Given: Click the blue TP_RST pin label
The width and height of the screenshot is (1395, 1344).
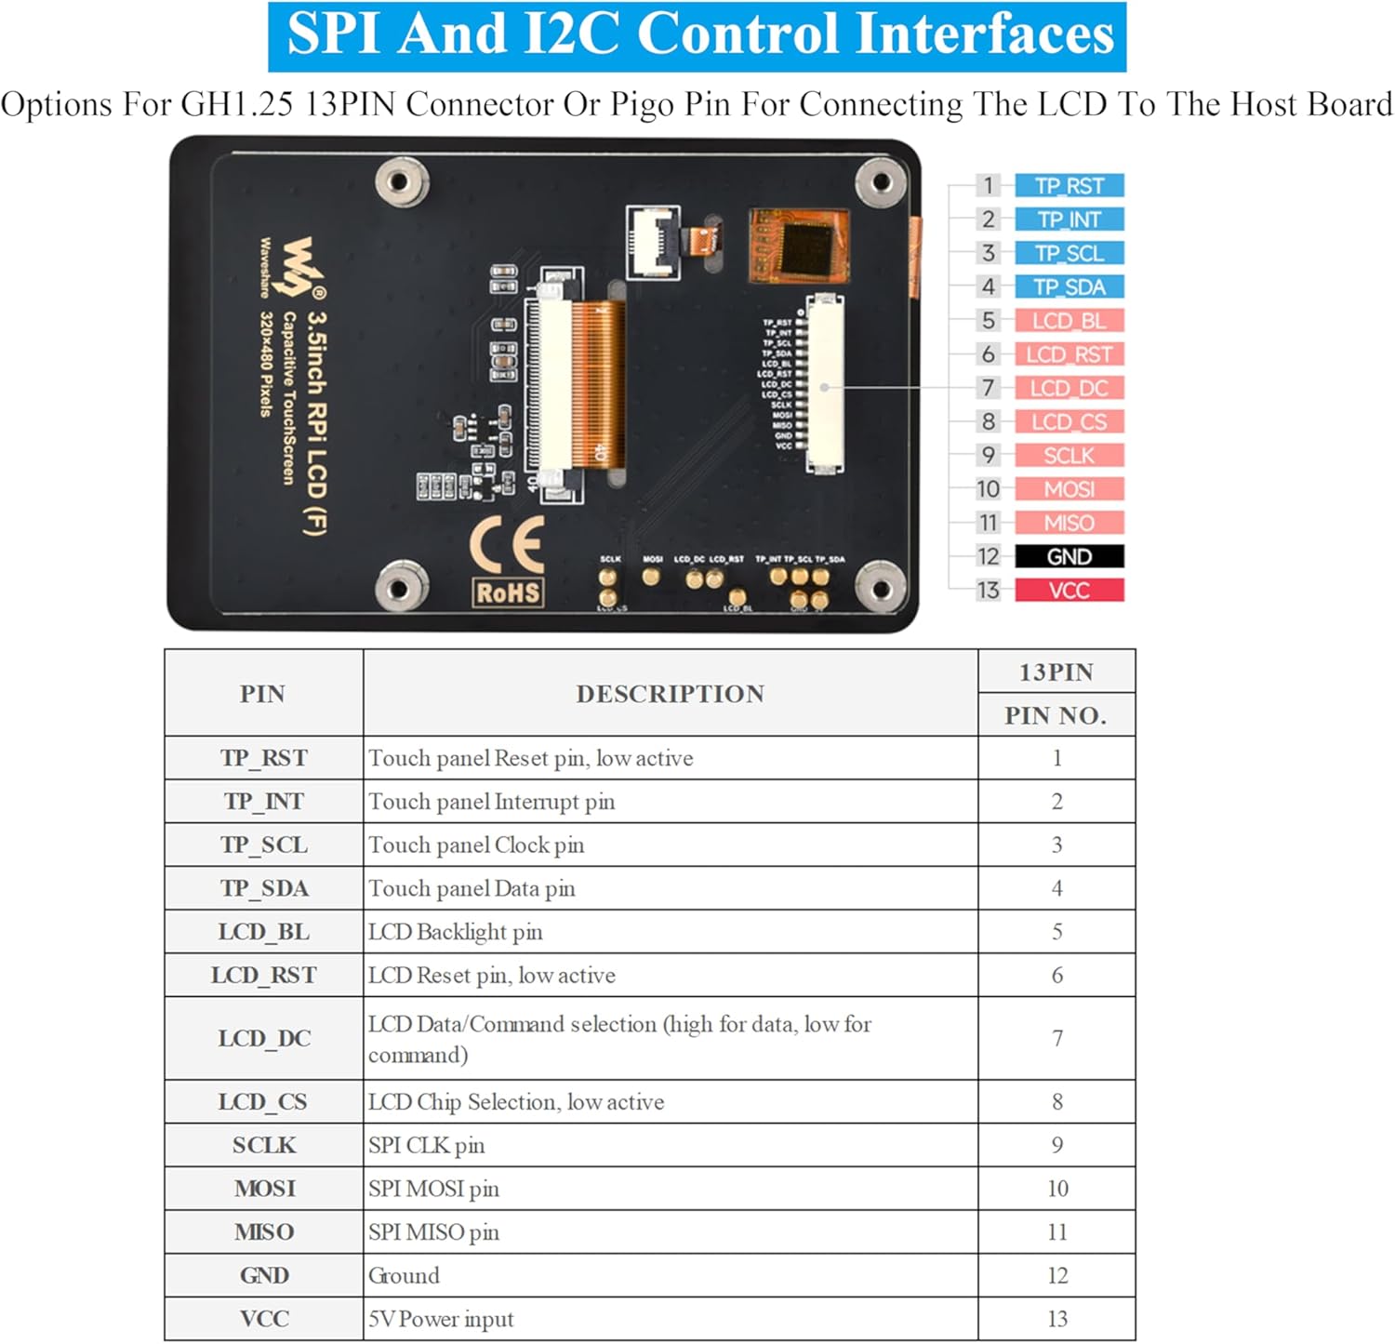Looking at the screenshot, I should coord(1069,186).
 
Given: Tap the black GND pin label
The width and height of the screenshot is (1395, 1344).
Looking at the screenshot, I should coord(1069,556).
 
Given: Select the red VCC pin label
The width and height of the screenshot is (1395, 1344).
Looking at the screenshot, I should coord(1069,591).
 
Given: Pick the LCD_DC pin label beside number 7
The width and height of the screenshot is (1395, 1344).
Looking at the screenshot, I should coord(1069,388).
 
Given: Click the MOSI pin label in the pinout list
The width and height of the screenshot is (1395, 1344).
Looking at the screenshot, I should coord(1069,489).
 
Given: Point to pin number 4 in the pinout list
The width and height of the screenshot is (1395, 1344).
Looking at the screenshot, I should coord(988,287).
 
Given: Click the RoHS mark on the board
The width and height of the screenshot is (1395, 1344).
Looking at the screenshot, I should coord(508,592).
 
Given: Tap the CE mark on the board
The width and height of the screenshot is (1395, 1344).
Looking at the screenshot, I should coord(507,544).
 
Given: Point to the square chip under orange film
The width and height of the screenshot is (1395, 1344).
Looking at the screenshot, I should coord(806,245).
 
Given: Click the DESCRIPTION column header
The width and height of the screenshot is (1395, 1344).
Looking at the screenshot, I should coord(670,694).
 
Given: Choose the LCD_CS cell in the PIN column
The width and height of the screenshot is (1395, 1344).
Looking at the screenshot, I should coord(263,1102).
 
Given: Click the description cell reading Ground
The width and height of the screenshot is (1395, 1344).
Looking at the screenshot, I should coord(404,1275).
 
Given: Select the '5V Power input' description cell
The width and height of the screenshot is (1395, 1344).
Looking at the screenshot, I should coord(441,1319).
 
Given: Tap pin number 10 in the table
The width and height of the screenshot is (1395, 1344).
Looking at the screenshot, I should coord(1057,1189).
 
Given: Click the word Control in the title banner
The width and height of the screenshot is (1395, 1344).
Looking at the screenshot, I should coord(736,35).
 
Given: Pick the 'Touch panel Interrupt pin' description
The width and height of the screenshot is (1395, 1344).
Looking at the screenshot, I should coord(491,802).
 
